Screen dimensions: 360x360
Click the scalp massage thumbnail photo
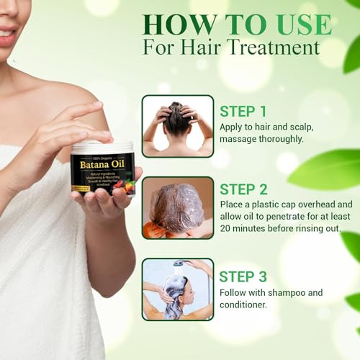click(x=177, y=126)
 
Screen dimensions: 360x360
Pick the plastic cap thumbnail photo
click(x=177, y=207)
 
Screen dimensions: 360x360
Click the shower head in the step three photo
click(x=178, y=264)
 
